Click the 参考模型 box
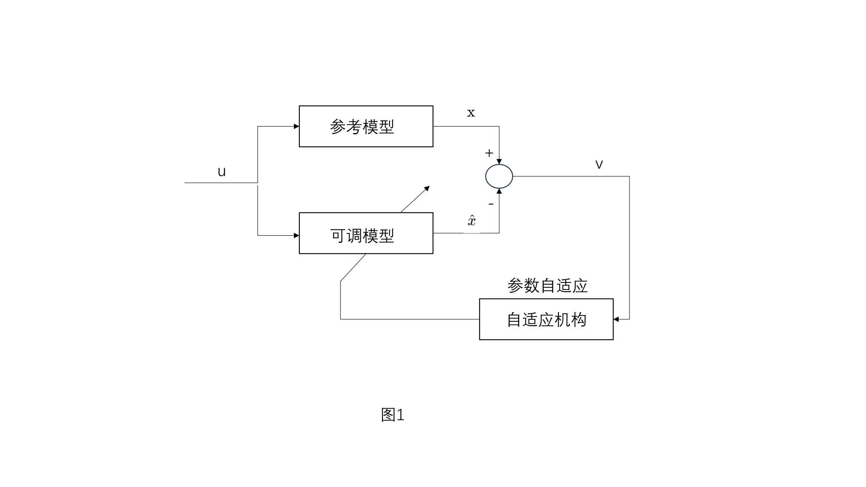coord(366,126)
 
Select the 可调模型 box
coord(366,233)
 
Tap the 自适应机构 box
coord(546,319)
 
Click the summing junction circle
coord(499,176)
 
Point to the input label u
coord(221,172)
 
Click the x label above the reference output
coord(471,113)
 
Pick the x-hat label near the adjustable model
coord(472,220)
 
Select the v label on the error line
coord(599,164)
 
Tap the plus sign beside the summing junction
coord(489,153)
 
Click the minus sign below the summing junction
coord(491,204)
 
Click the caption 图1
coord(392,415)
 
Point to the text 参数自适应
coord(547,286)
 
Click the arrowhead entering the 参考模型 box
coord(296,127)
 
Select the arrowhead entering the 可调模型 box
coord(296,235)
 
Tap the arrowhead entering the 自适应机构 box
coord(616,319)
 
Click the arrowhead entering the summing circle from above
coord(499,162)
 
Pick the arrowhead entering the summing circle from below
coord(499,191)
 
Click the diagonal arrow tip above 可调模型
coord(427,188)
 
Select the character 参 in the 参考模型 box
coord(337,127)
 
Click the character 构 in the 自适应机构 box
coord(579,320)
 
